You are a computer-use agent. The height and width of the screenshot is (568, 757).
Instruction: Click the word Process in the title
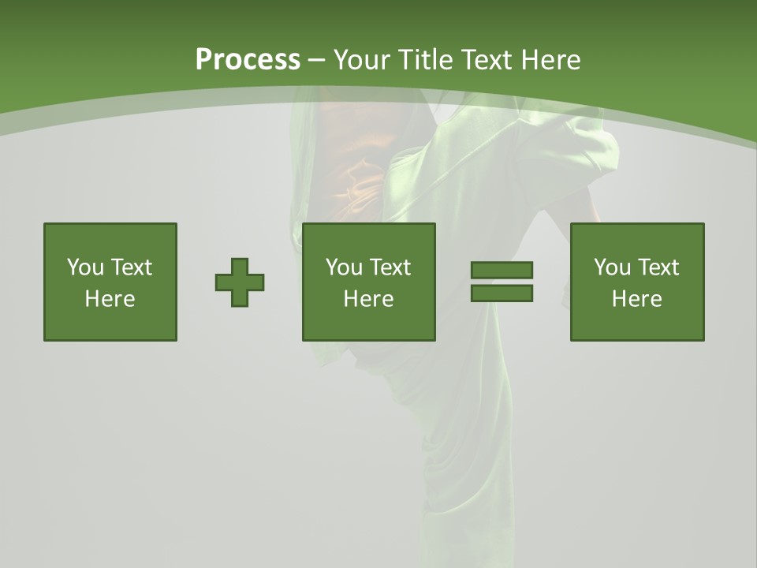(248, 59)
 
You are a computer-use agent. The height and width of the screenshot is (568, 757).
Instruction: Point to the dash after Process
(317, 60)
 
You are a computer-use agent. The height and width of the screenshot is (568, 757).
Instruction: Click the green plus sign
(240, 282)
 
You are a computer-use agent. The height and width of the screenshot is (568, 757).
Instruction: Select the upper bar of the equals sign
(502, 270)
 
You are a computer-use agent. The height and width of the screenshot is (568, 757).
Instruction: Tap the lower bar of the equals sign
(502, 293)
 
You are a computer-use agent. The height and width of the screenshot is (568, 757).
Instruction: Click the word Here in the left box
(110, 299)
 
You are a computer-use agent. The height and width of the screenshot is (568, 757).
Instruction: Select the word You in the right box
(612, 267)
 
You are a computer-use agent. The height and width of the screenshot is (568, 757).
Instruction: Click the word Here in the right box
(637, 299)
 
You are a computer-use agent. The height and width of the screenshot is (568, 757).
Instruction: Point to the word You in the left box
(85, 267)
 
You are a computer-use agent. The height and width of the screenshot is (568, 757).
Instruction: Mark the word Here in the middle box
(369, 299)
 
